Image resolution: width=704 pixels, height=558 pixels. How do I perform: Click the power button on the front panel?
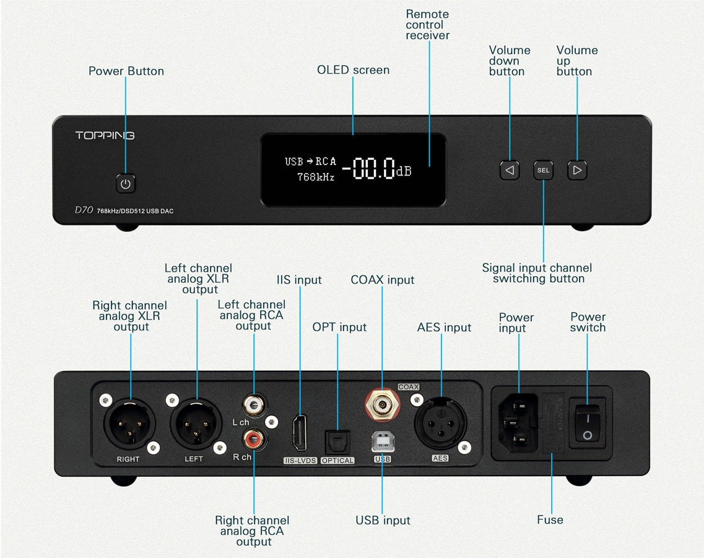(x=126, y=184)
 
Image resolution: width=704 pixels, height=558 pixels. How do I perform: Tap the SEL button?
(x=543, y=170)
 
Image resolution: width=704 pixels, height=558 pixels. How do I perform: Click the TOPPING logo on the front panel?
(x=105, y=135)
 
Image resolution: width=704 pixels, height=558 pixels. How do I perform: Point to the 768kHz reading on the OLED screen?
(x=315, y=177)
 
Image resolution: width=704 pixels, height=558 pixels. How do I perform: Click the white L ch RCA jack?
(x=253, y=405)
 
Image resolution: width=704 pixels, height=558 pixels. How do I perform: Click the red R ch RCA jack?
(x=253, y=440)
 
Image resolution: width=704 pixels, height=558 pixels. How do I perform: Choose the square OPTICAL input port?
(x=337, y=442)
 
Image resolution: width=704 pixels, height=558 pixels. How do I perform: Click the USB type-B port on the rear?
(x=382, y=441)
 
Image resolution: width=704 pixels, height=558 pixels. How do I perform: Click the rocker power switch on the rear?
(x=586, y=423)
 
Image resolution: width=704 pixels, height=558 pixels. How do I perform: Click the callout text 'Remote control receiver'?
(x=427, y=25)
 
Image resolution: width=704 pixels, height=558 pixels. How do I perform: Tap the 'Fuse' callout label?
(x=550, y=520)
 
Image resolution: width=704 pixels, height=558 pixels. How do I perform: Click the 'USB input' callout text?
(x=383, y=520)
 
